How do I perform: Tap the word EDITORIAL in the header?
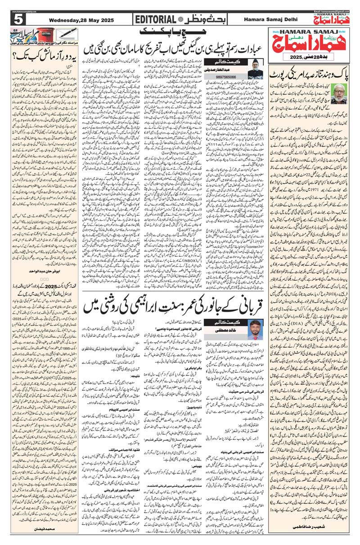point(155,19)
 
